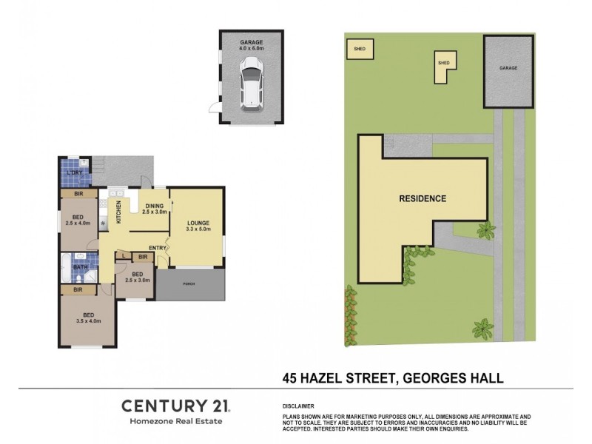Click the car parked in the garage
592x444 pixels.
(252, 84)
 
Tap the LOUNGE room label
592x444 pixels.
(198, 222)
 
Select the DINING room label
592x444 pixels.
(155, 206)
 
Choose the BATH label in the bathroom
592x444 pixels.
(80, 268)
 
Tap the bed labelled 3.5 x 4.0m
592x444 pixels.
(87, 317)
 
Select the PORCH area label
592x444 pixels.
(189, 280)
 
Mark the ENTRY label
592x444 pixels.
(158, 248)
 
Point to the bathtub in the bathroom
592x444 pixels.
(67, 268)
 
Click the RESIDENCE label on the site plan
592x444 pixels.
(423, 198)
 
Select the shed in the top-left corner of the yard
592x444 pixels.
(360, 49)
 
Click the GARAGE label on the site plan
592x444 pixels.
(508, 68)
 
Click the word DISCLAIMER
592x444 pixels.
(299, 406)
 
